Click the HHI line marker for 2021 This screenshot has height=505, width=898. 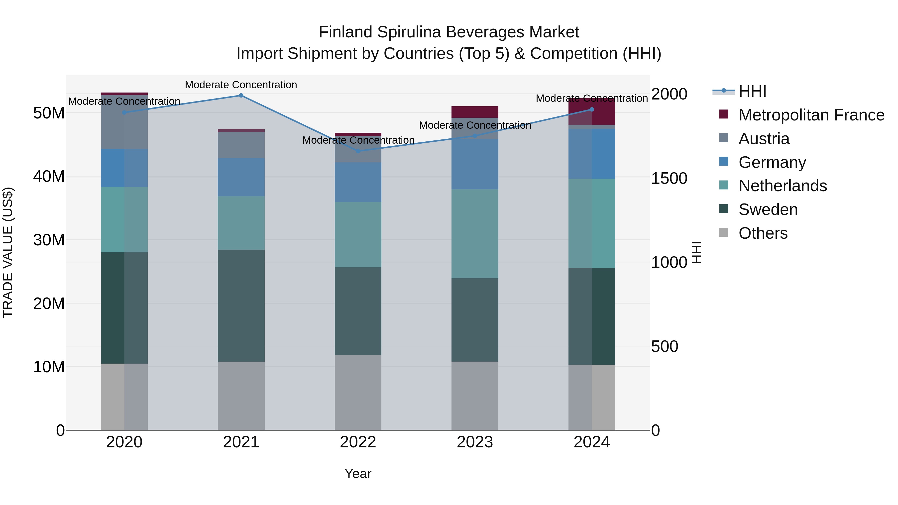coord(241,96)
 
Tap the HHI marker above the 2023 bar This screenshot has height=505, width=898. coord(475,136)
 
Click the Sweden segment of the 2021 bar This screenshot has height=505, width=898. coord(241,306)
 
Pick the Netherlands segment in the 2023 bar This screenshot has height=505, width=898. coord(475,234)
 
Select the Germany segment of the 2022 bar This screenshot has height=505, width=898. coord(358,182)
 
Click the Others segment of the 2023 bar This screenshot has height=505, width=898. coord(475,396)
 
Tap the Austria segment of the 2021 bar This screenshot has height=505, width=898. coord(241,145)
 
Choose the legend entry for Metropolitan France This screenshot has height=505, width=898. coord(811,115)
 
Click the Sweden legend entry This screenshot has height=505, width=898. coord(768,209)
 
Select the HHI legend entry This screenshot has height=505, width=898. coord(752,91)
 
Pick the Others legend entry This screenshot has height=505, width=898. coord(763,233)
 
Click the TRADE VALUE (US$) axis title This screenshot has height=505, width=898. coord(8,252)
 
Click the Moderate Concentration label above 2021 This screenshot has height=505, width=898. coord(241,85)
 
